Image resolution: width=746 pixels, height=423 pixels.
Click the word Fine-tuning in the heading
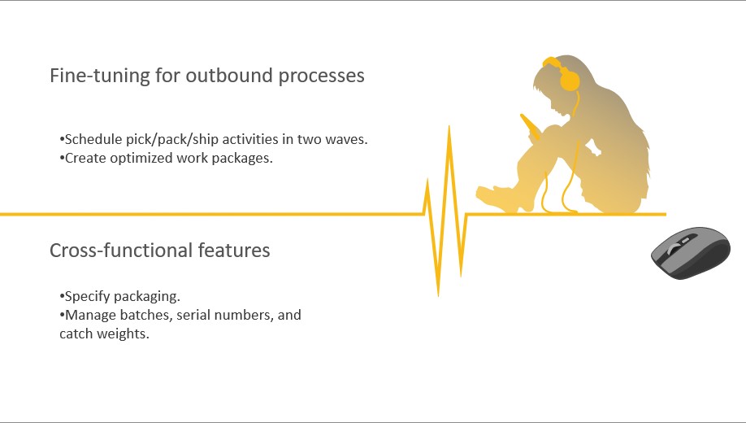pos(100,76)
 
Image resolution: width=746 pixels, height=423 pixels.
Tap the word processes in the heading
pos(322,76)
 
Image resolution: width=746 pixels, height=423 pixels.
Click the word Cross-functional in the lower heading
pos(121,250)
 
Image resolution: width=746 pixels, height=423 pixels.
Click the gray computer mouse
pos(691,253)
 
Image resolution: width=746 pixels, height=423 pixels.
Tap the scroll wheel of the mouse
pos(674,247)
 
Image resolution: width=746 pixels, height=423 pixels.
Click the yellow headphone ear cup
pos(570,79)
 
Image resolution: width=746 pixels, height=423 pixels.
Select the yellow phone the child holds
pos(530,126)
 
